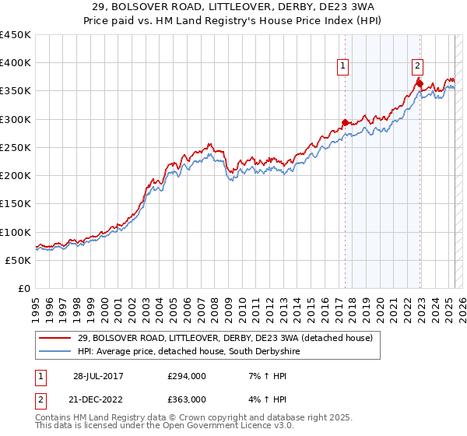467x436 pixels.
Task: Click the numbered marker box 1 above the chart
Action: coord(343,66)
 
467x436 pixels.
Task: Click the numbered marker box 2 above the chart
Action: coord(417,66)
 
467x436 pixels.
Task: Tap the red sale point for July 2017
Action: coord(345,122)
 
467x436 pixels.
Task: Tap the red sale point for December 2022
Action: coord(419,83)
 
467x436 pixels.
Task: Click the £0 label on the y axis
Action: coord(24,289)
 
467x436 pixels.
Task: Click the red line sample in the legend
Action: coord(55,338)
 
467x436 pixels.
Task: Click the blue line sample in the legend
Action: coord(55,352)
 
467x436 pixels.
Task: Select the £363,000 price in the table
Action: coord(188,399)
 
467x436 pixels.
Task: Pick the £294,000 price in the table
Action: coord(188,376)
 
